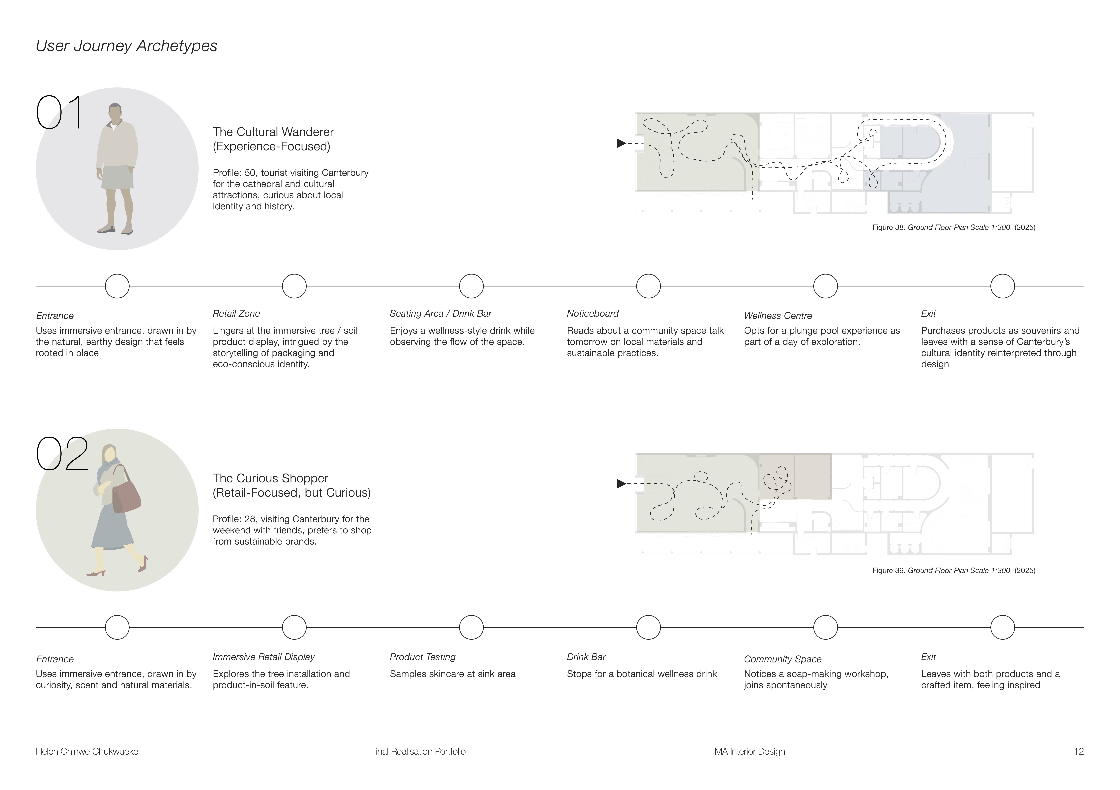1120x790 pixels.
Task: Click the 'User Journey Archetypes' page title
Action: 126,46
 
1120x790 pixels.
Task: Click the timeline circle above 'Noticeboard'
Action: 648,286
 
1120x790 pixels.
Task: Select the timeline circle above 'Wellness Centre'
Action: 825,286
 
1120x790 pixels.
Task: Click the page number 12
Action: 1079,751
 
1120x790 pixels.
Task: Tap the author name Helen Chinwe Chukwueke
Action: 87,751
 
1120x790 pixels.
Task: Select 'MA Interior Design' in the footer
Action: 750,751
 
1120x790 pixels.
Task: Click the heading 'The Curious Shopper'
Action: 270,478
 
